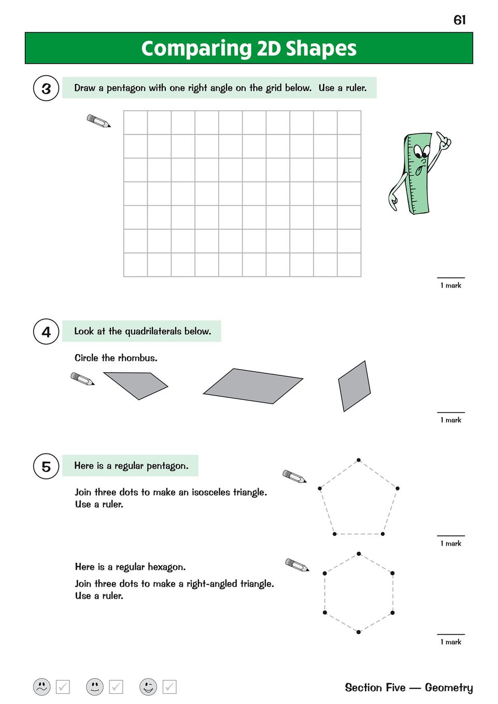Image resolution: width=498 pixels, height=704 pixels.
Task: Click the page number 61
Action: (x=459, y=20)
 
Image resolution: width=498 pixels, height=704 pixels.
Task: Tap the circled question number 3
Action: (x=46, y=89)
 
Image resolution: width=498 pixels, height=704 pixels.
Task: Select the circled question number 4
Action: (x=46, y=332)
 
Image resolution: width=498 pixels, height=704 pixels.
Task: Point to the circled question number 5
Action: (x=46, y=466)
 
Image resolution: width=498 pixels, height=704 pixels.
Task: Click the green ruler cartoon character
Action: (x=418, y=173)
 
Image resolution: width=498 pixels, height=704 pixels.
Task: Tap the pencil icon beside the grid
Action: (x=98, y=121)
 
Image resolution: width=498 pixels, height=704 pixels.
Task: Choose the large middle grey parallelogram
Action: (x=253, y=386)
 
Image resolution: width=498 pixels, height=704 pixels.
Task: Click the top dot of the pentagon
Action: (x=359, y=460)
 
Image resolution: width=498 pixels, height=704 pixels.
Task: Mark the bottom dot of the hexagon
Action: (x=359, y=632)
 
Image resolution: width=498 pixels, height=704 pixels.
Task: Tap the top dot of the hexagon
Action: (x=359, y=554)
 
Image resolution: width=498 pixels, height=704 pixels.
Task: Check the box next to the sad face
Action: (x=63, y=687)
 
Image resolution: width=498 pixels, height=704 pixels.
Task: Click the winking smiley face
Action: (x=148, y=687)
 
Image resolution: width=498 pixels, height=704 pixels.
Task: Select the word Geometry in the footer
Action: (x=449, y=687)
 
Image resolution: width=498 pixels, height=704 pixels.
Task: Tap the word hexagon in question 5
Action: (x=166, y=567)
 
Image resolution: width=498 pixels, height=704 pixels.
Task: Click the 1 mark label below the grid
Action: (x=451, y=285)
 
